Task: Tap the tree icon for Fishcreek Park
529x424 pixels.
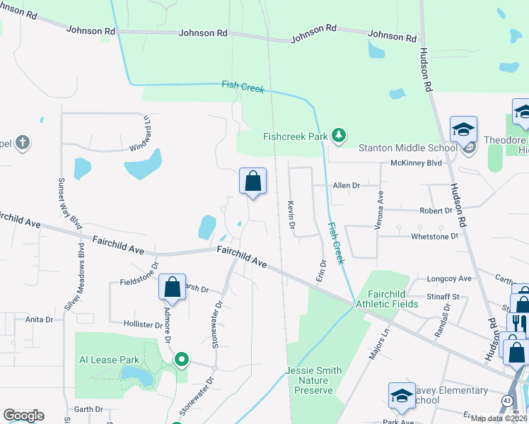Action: pos(339,135)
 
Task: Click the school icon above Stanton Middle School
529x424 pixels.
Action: pos(463,130)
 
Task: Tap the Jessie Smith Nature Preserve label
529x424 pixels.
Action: pos(313,380)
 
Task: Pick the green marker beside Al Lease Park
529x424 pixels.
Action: pos(182,360)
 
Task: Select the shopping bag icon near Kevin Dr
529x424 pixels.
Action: pos(252,182)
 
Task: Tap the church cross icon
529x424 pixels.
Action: pos(23,143)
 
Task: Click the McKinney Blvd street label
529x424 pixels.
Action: pos(416,163)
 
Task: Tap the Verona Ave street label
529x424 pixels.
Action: pos(380,204)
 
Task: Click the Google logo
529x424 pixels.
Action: pos(23,416)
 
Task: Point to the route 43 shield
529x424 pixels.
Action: pos(508,401)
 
